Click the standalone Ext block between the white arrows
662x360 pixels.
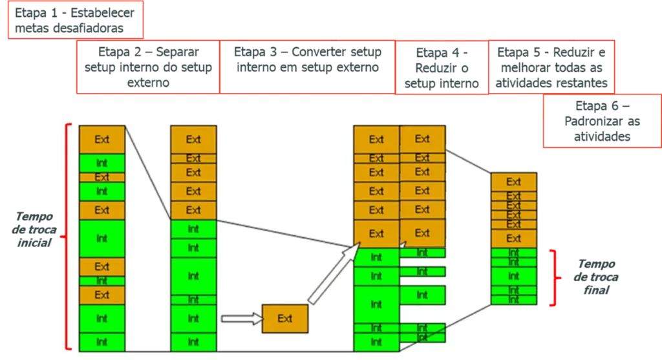(x=285, y=318)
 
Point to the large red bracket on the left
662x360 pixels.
(x=67, y=237)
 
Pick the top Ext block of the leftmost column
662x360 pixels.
(x=101, y=139)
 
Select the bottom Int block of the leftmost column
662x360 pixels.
(x=101, y=341)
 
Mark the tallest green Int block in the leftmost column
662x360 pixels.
(x=101, y=238)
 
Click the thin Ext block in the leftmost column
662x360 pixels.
(x=101, y=177)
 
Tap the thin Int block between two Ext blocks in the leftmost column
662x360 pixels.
(x=101, y=281)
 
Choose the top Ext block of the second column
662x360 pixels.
(x=193, y=139)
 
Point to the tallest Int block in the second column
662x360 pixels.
(x=193, y=276)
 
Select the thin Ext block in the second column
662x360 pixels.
(x=193, y=158)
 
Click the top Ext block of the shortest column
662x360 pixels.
(x=513, y=182)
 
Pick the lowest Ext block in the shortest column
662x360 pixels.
(x=513, y=238)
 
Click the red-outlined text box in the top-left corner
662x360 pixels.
(x=74, y=20)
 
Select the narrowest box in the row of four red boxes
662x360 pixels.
(x=442, y=67)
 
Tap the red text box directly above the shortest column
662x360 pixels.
(x=601, y=122)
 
